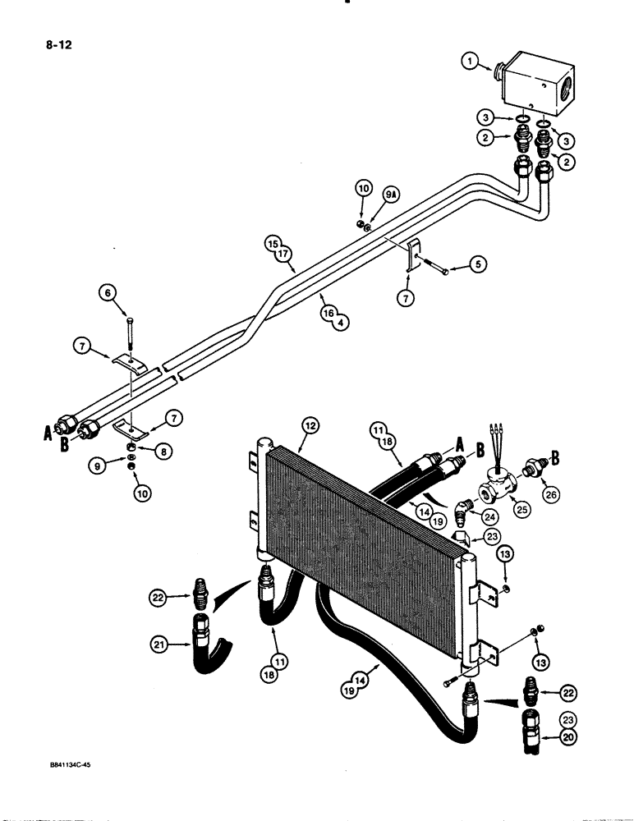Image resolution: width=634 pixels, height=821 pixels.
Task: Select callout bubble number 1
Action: (x=470, y=61)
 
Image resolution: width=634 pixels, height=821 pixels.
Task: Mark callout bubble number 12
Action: (x=310, y=424)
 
